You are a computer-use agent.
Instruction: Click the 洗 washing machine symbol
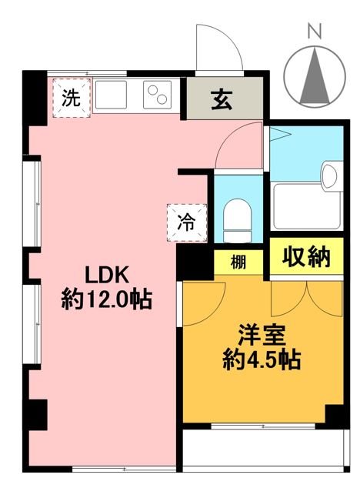click(70, 98)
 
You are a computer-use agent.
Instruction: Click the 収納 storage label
click(305, 259)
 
